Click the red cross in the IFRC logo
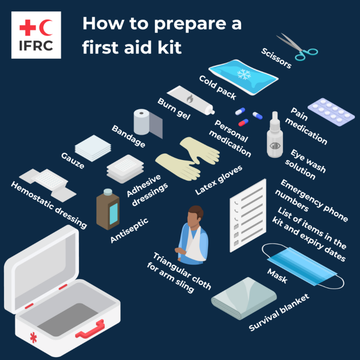point(28,28)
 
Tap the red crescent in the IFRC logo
point(44,28)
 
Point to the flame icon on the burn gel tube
point(190,99)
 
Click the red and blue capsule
point(243,122)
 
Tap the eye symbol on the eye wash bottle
point(275,146)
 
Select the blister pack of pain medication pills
point(331,112)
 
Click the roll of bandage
point(148,123)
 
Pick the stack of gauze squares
point(93,148)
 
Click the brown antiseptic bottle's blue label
point(114,214)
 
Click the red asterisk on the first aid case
point(33,337)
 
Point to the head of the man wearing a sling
point(195,216)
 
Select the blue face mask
point(303,266)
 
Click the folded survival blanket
point(244,298)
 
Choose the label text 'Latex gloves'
point(219,180)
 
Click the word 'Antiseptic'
point(129,230)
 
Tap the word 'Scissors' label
point(277,58)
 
